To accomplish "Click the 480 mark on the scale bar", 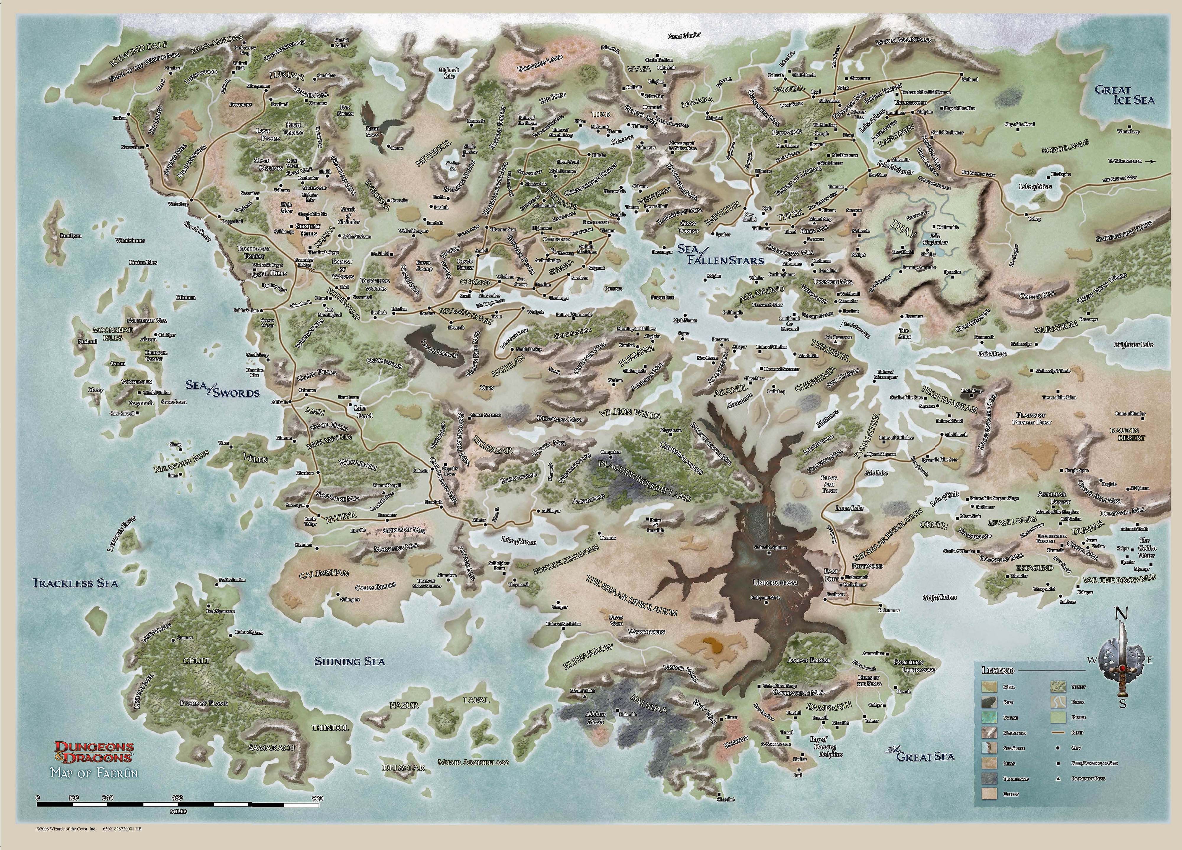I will click(178, 798).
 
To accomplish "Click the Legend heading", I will click(998, 670).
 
